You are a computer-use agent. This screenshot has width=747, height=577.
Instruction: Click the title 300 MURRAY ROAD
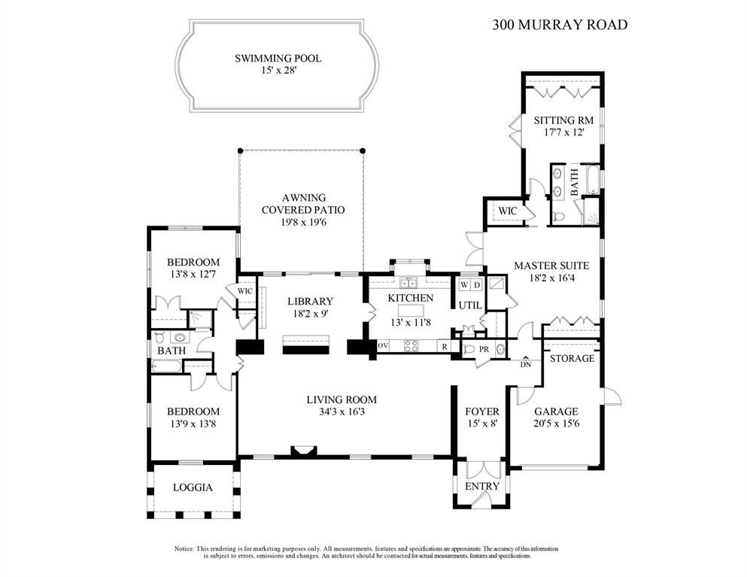point(560,24)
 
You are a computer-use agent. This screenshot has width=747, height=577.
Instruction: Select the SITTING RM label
point(563,120)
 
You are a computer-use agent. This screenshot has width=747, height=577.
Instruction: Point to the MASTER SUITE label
point(551,266)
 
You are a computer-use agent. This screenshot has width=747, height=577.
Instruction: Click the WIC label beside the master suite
point(508,211)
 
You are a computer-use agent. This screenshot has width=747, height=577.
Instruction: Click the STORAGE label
point(572,358)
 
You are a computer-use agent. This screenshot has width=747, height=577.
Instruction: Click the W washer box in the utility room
point(464,285)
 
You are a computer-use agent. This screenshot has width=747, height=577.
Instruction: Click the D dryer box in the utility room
point(476,285)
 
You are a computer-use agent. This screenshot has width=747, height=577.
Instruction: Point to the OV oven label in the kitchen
point(383,345)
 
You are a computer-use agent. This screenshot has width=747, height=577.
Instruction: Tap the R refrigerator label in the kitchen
point(445,346)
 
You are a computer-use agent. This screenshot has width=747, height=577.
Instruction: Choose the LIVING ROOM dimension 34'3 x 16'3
point(341,412)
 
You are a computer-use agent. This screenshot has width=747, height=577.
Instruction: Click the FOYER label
point(481,411)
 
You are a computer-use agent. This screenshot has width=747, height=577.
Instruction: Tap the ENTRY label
point(481,486)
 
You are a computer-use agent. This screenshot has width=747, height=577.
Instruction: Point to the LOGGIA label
point(193,487)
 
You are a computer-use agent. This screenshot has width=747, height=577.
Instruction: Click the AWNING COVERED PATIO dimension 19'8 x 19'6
point(301,222)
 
